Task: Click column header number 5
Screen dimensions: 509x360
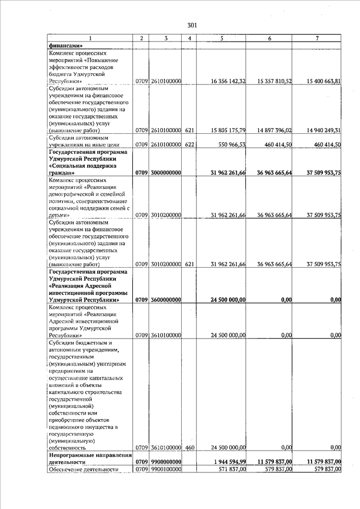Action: click(x=222, y=38)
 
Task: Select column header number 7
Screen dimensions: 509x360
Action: click(x=317, y=38)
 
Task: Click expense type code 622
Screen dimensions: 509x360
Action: click(x=190, y=145)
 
